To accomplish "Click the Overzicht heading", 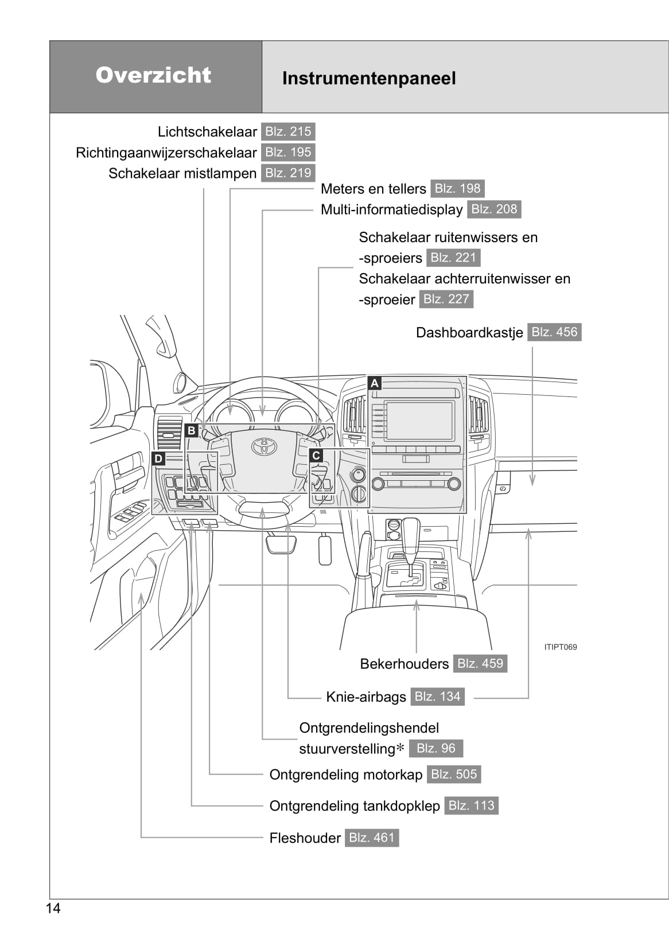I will tap(153, 75).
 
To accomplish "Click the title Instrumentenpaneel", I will tap(368, 79).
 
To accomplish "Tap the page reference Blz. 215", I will tap(288, 131).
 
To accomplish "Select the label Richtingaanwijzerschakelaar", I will tap(166, 153).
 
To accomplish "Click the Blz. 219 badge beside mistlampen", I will tap(288, 173).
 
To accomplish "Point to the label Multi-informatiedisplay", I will tap(391, 209).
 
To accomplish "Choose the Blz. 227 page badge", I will tap(446, 299).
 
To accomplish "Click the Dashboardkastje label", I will tap(469, 333).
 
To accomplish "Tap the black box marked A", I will tap(375, 383).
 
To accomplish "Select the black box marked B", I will tap(192, 430).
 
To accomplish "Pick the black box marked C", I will tap(316, 456).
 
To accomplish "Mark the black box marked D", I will tap(158, 458).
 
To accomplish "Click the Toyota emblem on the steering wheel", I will tap(265, 446).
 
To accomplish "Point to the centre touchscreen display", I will tap(419, 421).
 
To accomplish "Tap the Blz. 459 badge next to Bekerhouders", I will tap(480, 663).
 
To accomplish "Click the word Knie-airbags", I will tap(365, 697).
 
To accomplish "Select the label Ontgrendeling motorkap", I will tap(345, 775).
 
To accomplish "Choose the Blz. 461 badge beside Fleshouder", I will tap(371, 838).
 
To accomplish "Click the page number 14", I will tap(53, 908).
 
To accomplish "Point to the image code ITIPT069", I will tap(560, 647).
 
